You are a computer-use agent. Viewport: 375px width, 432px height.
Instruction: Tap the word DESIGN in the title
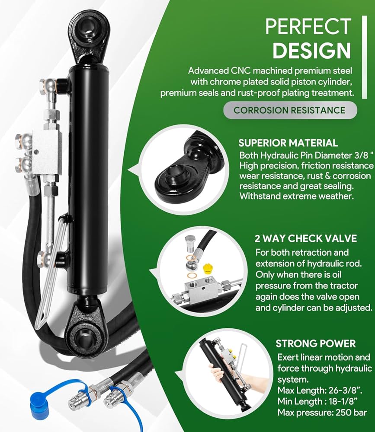point(312,51)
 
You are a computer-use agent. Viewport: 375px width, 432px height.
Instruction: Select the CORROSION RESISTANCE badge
point(289,110)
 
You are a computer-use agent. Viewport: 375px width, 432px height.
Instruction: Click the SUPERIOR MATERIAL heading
point(288,143)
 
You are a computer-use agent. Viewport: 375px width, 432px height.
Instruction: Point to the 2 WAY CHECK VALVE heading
point(306,238)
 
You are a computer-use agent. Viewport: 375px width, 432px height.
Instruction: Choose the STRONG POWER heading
point(316,344)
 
